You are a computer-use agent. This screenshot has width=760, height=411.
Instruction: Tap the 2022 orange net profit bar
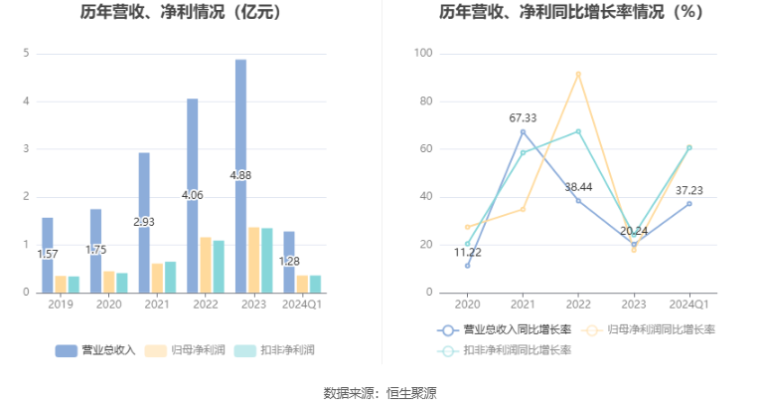(x=205, y=265)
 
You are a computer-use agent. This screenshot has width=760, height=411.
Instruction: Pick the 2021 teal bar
(x=170, y=277)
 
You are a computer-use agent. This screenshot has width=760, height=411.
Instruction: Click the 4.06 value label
(x=192, y=195)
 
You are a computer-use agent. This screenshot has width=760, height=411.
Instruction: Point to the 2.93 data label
(x=144, y=221)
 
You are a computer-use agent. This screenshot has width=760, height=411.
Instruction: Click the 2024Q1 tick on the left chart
(x=300, y=305)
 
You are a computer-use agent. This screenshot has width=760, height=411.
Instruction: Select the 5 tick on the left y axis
(x=26, y=53)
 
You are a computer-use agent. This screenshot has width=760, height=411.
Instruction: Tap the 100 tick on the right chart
(x=423, y=53)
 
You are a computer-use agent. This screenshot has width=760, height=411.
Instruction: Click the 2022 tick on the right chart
(x=578, y=305)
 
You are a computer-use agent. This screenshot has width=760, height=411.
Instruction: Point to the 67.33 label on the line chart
(x=523, y=118)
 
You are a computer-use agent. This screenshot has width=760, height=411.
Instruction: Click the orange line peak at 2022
(x=578, y=74)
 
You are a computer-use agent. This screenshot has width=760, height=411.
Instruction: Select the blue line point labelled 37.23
(x=689, y=203)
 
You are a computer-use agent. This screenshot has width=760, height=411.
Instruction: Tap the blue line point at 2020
(x=467, y=265)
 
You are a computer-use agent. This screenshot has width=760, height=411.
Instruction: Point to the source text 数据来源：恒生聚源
(x=380, y=393)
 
